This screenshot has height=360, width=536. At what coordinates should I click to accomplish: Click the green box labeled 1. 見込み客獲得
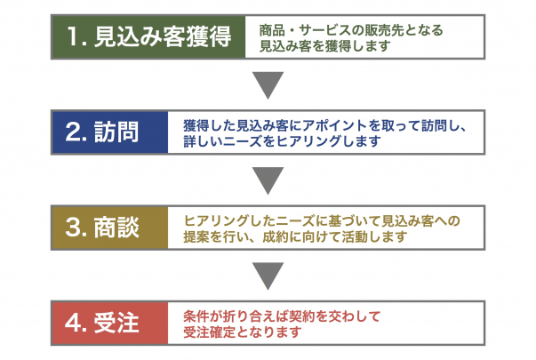[x=148, y=37]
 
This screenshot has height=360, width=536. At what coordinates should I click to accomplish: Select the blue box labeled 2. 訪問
[x=109, y=132]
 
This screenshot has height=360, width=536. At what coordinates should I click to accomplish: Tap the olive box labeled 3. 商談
[x=109, y=228]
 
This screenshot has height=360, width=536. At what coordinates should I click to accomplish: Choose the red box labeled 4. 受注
[x=109, y=323]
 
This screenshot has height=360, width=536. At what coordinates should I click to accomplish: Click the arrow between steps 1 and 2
[x=268, y=84]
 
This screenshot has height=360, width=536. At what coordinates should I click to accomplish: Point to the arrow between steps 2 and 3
[x=268, y=180]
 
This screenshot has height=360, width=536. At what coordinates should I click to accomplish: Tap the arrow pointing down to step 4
[x=268, y=275]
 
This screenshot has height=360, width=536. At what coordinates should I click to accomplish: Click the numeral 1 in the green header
[x=73, y=36]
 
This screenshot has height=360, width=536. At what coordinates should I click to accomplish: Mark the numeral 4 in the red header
[x=72, y=323]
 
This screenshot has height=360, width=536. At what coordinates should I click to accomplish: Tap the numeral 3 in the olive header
[x=72, y=228]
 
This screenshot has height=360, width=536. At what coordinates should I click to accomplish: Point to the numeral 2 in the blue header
[x=72, y=132]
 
